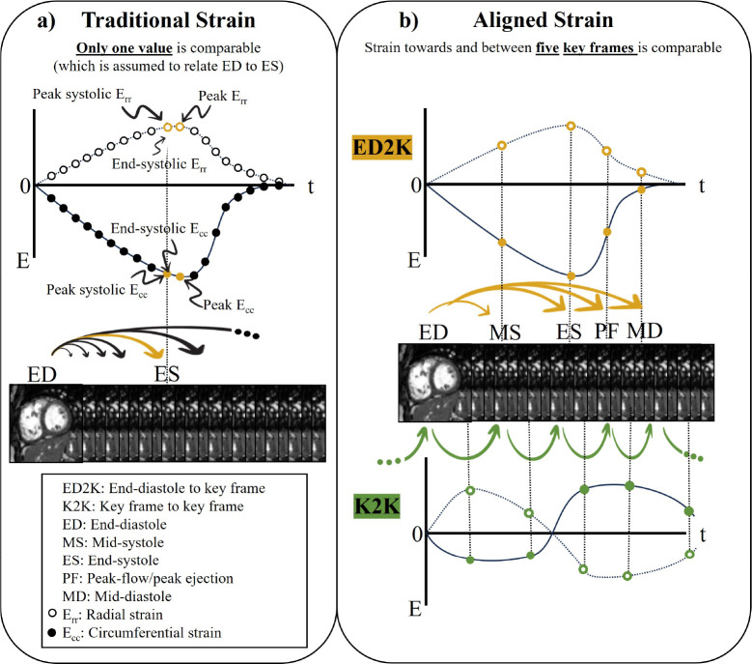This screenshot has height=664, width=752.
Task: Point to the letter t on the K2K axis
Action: coord(704,533)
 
